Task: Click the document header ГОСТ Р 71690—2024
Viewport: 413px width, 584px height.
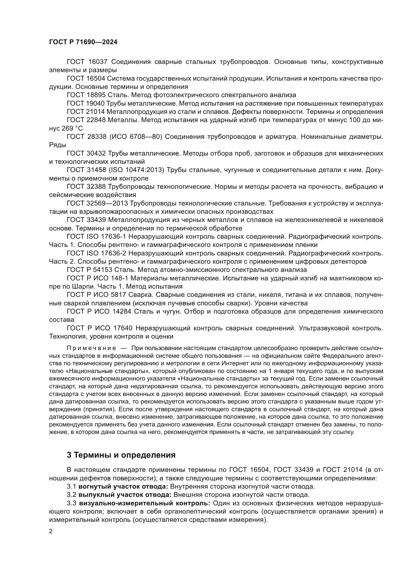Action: coord(83,42)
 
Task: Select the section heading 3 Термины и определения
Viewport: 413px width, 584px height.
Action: coord(121,455)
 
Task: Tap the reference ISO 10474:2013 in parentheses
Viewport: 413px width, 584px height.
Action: coord(136,170)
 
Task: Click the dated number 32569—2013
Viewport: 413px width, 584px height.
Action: coord(107,203)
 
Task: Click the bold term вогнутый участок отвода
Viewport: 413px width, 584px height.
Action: coord(123,487)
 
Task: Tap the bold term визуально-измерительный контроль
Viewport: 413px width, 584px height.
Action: coord(144,503)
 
